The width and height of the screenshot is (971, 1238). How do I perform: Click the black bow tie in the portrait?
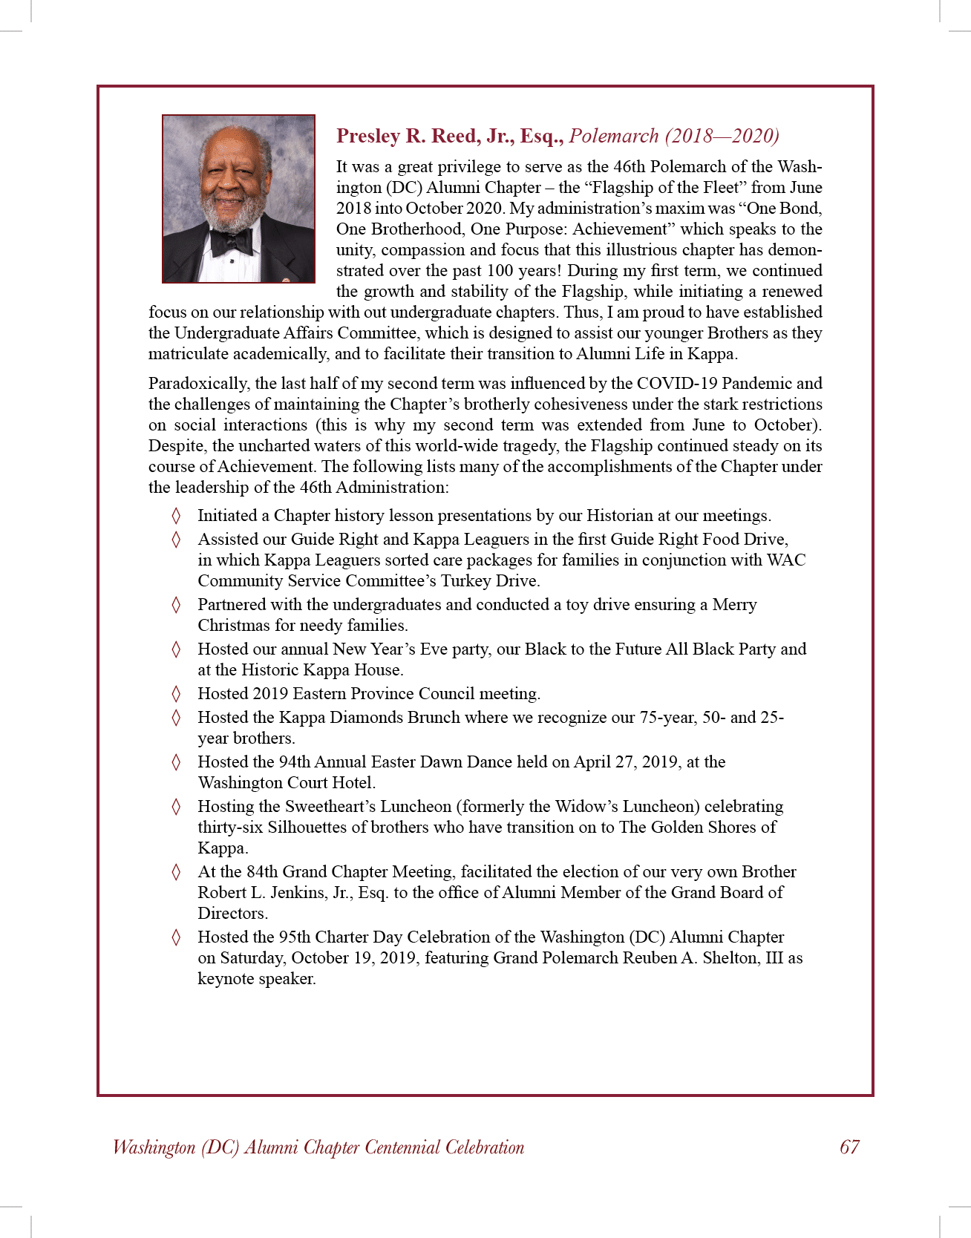click(x=232, y=241)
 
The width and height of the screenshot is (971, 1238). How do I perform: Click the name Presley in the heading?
click(x=368, y=136)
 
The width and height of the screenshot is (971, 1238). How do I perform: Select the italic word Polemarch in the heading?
click(x=614, y=136)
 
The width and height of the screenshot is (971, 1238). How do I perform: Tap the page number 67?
click(x=849, y=1147)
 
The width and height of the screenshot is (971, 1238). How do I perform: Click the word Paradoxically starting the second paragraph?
click(x=199, y=384)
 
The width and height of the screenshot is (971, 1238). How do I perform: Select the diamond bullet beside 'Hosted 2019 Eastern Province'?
click(x=176, y=694)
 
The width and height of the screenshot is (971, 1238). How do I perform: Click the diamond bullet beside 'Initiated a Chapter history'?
click(x=176, y=516)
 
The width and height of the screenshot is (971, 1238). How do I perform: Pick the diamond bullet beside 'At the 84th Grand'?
click(x=176, y=872)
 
